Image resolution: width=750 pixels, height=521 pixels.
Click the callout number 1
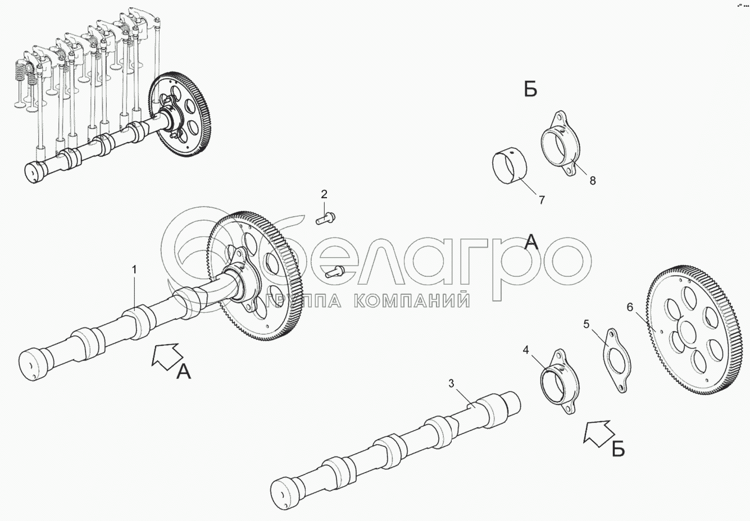pos(135,269)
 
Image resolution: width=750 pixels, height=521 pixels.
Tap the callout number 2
pos(324,194)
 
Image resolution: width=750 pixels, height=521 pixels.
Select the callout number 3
pos(451,383)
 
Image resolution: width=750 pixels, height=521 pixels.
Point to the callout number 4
pos(526,350)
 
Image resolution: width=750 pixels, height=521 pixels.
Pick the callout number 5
pos(587,324)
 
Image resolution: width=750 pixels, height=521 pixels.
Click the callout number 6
pos(630,307)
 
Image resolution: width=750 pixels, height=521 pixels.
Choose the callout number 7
pos(542,200)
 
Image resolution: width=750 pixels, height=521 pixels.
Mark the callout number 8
pos(593,181)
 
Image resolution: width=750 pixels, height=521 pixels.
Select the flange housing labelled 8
pos(560,143)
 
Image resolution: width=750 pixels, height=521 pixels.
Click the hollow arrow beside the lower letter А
pos(167,357)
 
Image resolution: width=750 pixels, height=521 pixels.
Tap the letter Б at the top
pos(531,90)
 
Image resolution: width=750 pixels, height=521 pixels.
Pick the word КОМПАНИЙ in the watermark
pos(412,300)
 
